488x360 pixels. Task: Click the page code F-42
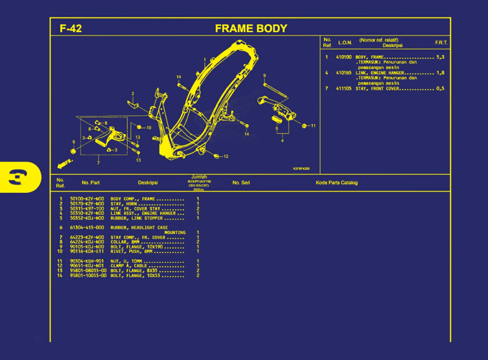pyautogui.click(x=71, y=28)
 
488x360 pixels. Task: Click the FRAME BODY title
pyautogui.click(x=251, y=28)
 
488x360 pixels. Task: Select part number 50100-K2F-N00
pyautogui.click(x=87, y=199)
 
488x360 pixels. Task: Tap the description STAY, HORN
pyautogui.click(x=124, y=204)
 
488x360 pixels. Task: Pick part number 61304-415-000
pyautogui.click(x=87, y=227)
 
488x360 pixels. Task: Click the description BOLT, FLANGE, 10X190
pyautogui.click(x=136, y=247)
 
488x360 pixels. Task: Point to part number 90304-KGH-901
pyautogui.click(x=87, y=261)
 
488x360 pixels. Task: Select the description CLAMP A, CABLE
pyautogui.click(x=129, y=266)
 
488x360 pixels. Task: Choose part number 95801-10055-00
pyautogui.click(x=88, y=275)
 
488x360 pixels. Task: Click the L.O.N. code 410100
pyautogui.click(x=344, y=57)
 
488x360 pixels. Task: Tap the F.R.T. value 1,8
pyautogui.click(x=440, y=73)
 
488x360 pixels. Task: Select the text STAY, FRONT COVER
pyautogui.click(x=377, y=88)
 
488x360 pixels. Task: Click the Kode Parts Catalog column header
pyautogui.click(x=337, y=183)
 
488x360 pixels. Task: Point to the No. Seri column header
pyautogui.click(x=241, y=183)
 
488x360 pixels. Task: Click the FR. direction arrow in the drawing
pyautogui.click(x=65, y=164)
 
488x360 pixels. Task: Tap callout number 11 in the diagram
pyautogui.click(x=313, y=126)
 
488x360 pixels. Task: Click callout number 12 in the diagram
pyautogui.click(x=226, y=156)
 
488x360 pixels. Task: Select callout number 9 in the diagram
pyautogui.click(x=264, y=76)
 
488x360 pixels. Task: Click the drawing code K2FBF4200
pyautogui.click(x=301, y=169)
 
